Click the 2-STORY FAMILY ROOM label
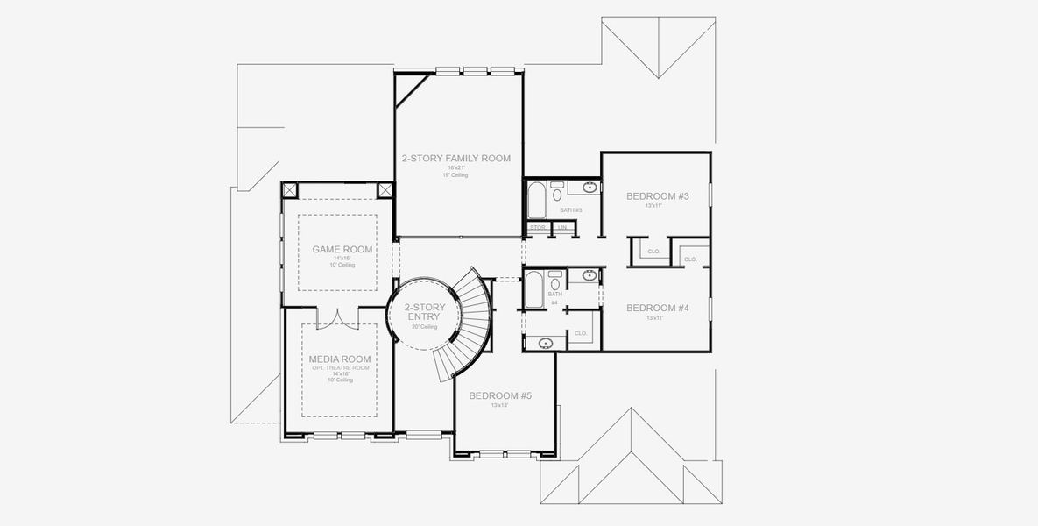455,159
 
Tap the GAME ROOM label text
342,249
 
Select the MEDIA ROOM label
339,359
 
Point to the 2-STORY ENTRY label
425,312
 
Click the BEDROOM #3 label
658,196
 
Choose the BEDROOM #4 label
658,308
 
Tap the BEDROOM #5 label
500,395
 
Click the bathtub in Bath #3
536,200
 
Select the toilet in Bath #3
556,187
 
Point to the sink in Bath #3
590,187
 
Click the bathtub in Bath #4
534,289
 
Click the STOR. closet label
538,228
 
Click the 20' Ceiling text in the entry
425,327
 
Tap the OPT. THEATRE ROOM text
339,367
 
